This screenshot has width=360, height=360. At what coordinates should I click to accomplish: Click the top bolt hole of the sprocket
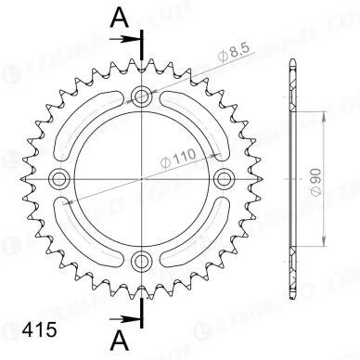pos(142,95)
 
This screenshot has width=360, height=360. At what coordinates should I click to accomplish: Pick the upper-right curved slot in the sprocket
pos(195,116)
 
